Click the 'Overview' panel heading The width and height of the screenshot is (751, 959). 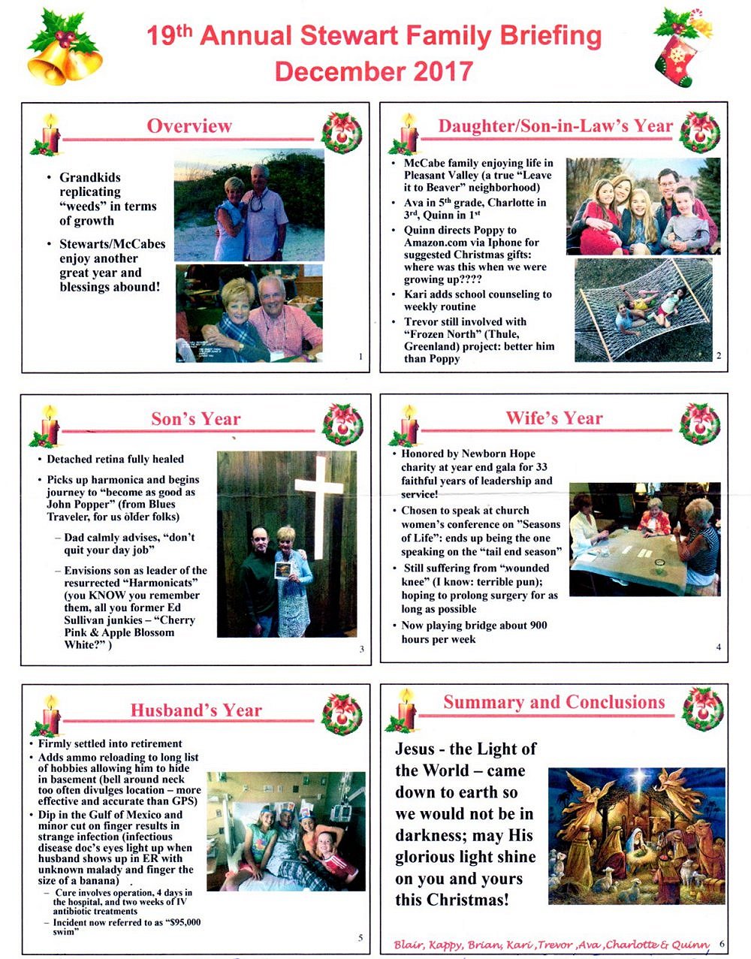click(189, 125)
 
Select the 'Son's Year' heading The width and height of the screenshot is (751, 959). click(196, 418)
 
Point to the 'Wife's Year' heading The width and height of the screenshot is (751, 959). click(554, 418)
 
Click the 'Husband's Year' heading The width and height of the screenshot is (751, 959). click(196, 710)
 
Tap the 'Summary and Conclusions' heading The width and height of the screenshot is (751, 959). click(554, 702)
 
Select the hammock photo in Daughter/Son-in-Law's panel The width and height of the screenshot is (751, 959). click(644, 309)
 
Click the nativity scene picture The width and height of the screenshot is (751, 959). click(636, 835)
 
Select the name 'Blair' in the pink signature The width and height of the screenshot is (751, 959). click(406, 945)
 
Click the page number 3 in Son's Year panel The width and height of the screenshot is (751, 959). click(361, 649)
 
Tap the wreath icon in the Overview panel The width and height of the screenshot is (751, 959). click(342, 134)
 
